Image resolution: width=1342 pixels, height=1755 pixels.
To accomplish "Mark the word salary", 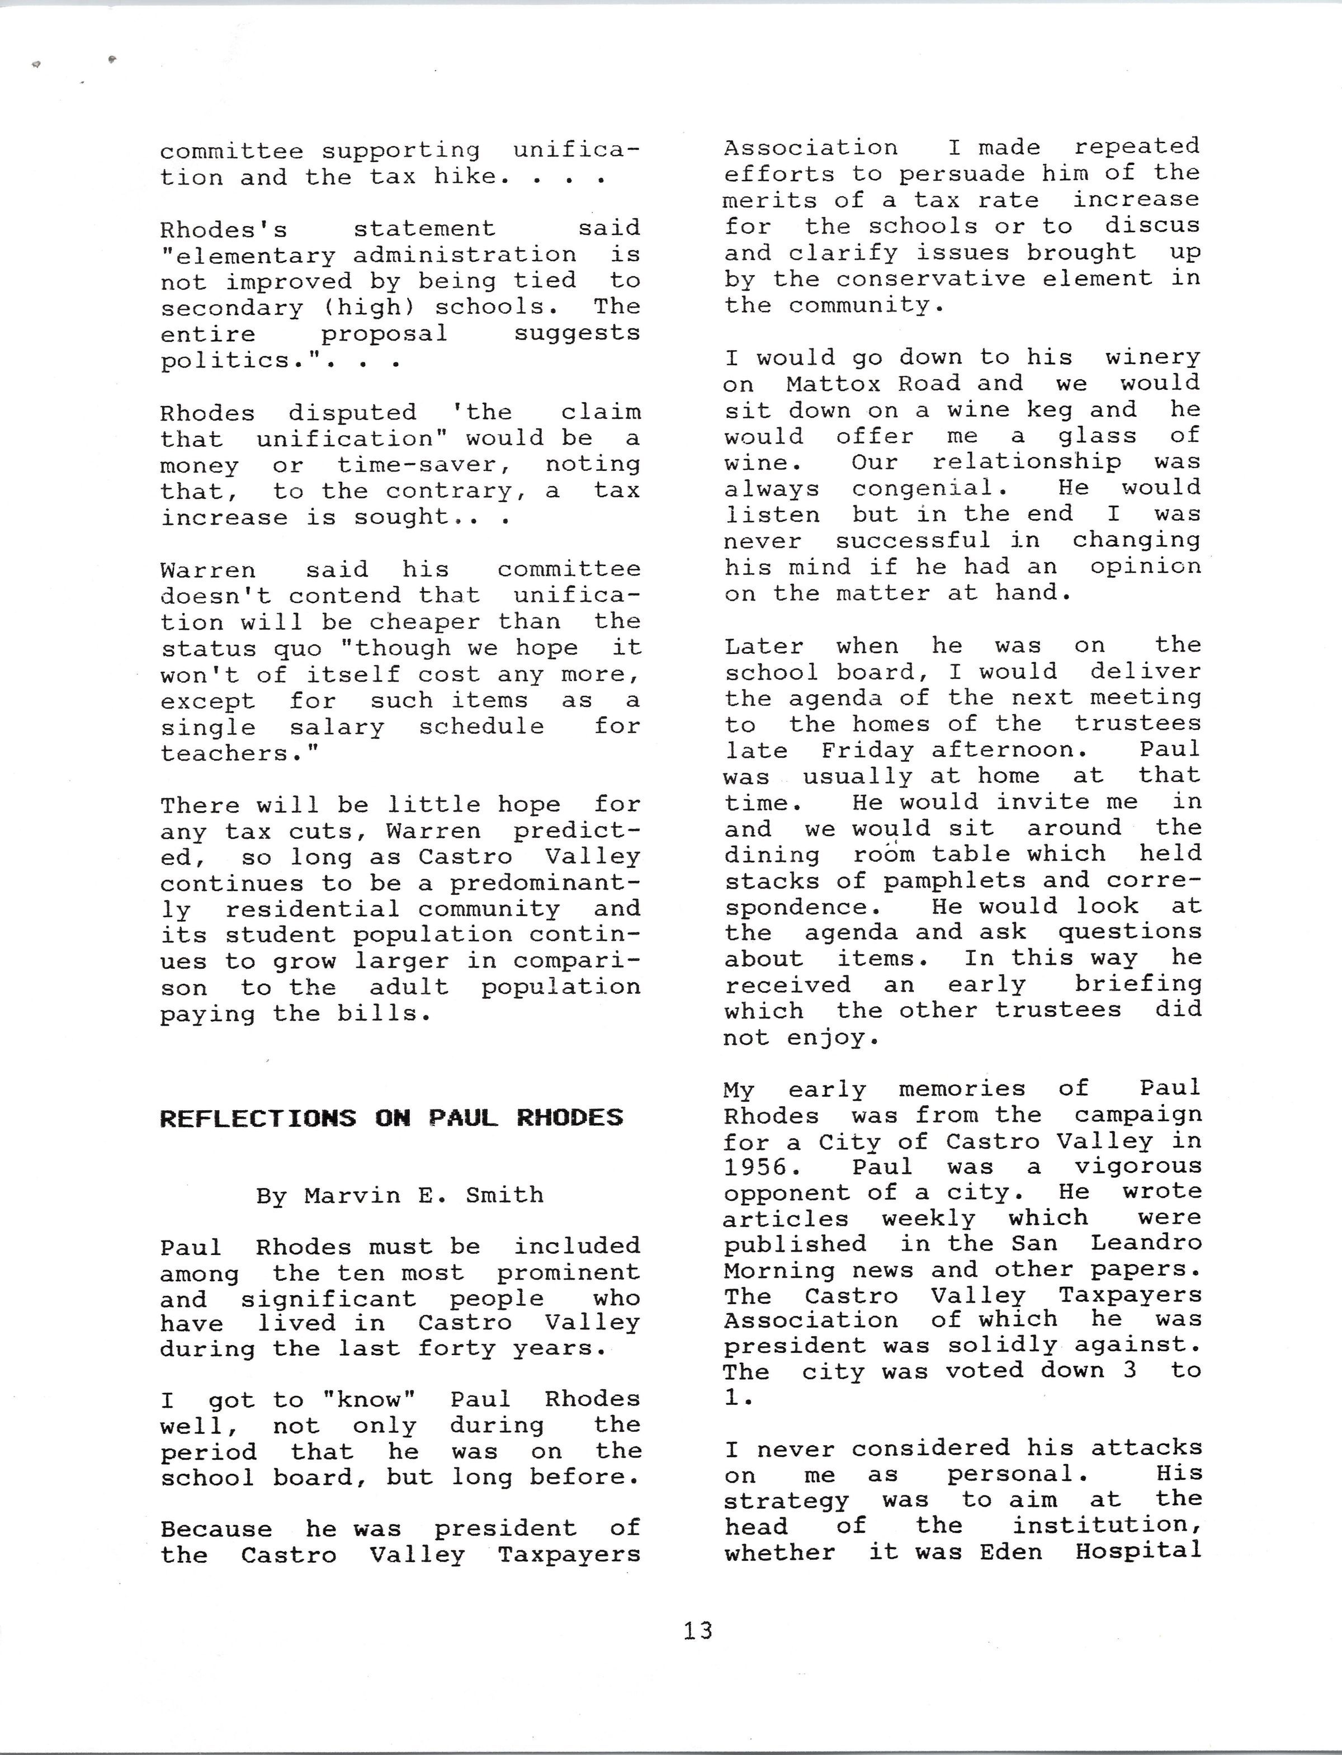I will (x=336, y=728).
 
